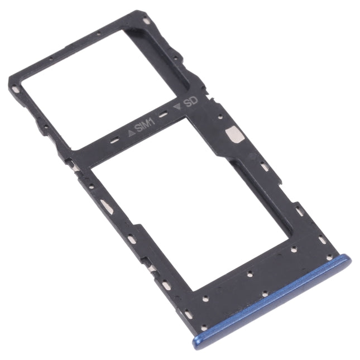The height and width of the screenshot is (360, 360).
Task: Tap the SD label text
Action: [x=191, y=102]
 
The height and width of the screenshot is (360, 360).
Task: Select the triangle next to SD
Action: [x=177, y=104]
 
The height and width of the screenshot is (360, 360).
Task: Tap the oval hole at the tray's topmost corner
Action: [x=146, y=21]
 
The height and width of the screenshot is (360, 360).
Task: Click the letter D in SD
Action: [x=195, y=101]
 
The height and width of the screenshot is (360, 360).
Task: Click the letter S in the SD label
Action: [x=188, y=102]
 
